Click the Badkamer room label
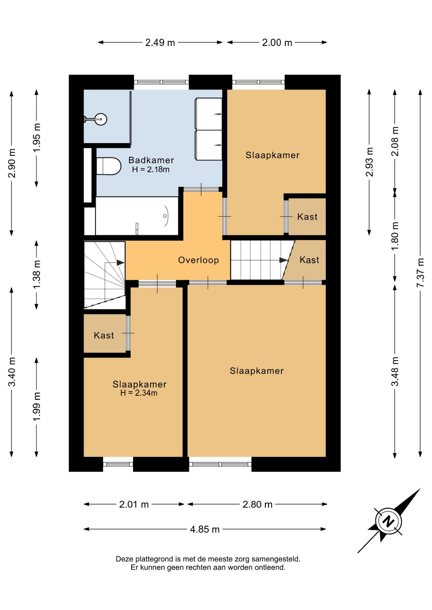pos(151,160)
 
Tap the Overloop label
pos(199,260)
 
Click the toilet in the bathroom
pos(109,166)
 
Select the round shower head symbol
pos(101,119)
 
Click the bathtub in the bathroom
pos(137,216)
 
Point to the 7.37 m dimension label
pos(420,273)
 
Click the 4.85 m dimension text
pos(205,529)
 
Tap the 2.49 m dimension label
pos(160,43)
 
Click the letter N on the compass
pos(388,521)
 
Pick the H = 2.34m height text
pos(139,393)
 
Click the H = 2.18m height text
pos(151,169)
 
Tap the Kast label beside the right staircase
pos(309,260)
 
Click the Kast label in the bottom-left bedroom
pos(104,335)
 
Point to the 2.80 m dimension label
pos(257,505)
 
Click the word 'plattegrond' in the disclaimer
pos(155,559)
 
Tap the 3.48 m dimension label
pos(395,371)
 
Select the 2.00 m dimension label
pos(277,43)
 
